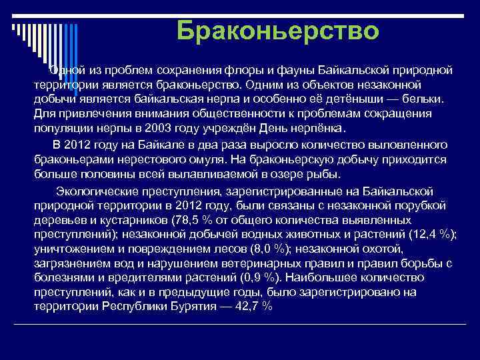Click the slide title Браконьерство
pyautogui.click(x=278, y=31)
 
